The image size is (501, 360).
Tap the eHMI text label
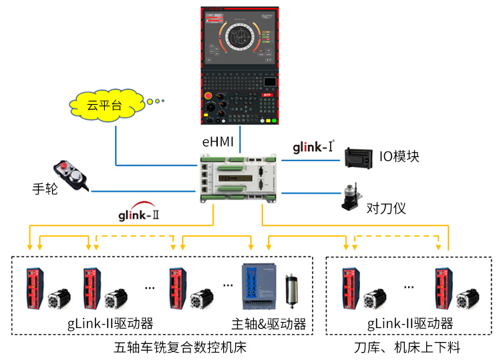click(218, 142)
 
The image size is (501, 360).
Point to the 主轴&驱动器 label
click(269, 324)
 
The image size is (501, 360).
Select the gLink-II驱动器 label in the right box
click(410, 324)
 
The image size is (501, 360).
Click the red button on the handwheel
click(63, 165)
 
